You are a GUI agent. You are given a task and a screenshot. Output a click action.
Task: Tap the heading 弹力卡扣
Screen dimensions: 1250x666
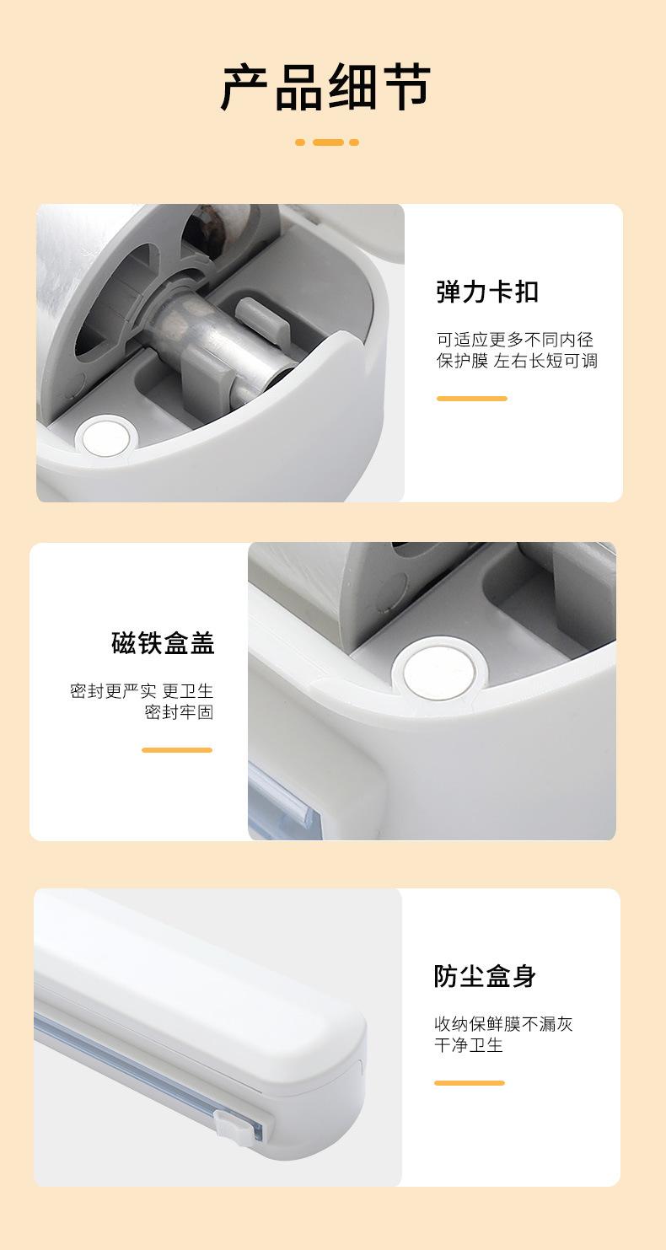(487, 292)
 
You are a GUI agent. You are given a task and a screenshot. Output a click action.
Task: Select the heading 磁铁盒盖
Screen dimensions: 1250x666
(163, 643)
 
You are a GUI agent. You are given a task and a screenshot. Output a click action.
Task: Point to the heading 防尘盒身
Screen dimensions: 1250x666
(485, 976)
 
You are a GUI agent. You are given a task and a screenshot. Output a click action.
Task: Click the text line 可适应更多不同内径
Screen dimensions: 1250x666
(515, 340)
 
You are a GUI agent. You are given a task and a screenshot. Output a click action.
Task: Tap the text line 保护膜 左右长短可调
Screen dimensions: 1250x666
(517, 362)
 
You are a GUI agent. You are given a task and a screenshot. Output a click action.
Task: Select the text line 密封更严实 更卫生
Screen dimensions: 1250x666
(142, 691)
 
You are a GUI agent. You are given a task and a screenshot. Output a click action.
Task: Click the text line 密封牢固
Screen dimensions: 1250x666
(179, 713)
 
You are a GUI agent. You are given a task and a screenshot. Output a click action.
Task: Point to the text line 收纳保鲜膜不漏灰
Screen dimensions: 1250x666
(503, 1024)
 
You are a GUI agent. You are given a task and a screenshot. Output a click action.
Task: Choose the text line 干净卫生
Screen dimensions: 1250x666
(469, 1046)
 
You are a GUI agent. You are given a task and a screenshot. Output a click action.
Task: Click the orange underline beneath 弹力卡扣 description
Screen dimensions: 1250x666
(471, 399)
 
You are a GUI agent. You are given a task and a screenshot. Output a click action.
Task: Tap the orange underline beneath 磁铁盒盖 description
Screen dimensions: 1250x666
(177, 749)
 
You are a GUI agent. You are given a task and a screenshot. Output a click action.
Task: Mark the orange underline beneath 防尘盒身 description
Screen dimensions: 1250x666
(469, 1083)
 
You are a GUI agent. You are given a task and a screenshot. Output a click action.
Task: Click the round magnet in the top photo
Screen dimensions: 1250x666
(105, 437)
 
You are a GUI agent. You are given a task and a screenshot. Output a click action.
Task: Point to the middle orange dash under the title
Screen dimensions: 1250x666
(327, 142)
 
